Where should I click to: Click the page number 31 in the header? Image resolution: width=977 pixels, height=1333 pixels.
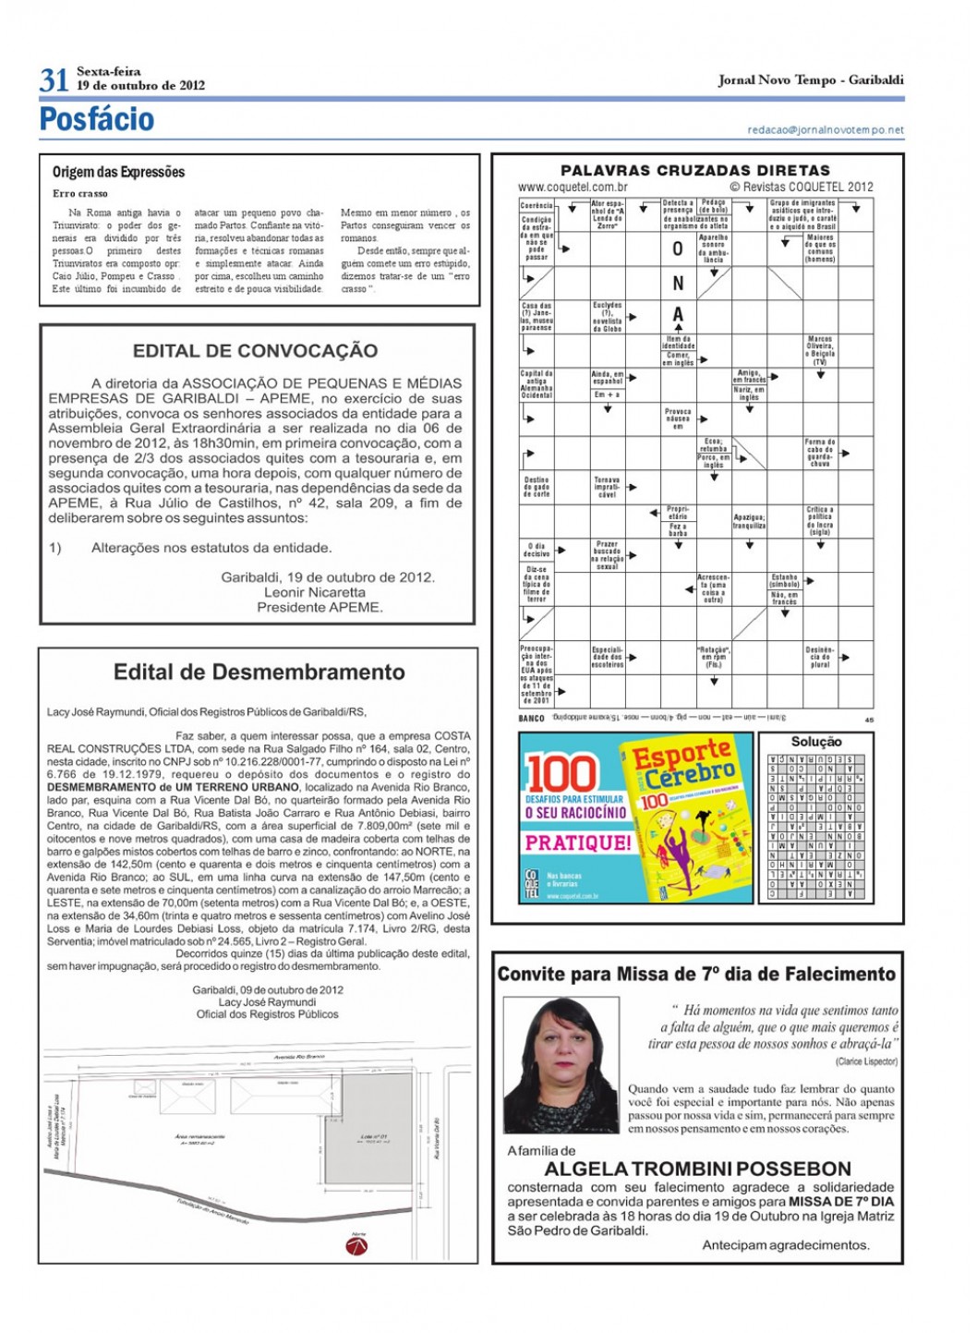(x=54, y=80)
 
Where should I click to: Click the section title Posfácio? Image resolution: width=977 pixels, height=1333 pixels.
(x=97, y=119)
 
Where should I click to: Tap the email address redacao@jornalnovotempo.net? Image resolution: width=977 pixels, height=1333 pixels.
(x=826, y=130)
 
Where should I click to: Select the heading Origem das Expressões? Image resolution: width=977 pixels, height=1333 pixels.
(x=118, y=172)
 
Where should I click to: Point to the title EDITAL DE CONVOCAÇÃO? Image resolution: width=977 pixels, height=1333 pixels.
(x=256, y=351)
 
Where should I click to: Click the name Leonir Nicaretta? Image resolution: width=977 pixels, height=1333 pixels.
(x=315, y=592)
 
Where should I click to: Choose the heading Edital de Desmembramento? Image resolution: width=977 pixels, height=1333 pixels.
(x=259, y=673)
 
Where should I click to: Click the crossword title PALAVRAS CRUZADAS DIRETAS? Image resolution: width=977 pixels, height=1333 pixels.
(x=695, y=171)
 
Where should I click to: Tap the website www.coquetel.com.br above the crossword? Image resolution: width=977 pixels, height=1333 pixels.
(x=573, y=187)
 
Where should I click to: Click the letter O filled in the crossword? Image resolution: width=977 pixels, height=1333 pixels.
(x=678, y=249)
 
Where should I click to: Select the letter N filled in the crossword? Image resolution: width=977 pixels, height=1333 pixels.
(x=678, y=284)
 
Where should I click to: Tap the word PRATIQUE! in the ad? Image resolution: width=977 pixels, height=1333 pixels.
(x=578, y=842)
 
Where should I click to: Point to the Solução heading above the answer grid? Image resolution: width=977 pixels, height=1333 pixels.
(x=816, y=741)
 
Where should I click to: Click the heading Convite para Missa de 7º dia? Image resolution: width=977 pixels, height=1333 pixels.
(x=696, y=974)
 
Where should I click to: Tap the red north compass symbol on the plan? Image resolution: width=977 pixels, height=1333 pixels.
(x=357, y=1246)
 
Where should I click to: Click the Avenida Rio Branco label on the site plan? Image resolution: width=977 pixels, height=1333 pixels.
(x=299, y=1056)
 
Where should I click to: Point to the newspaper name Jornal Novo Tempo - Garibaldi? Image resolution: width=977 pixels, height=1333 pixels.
(x=811, y=80)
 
